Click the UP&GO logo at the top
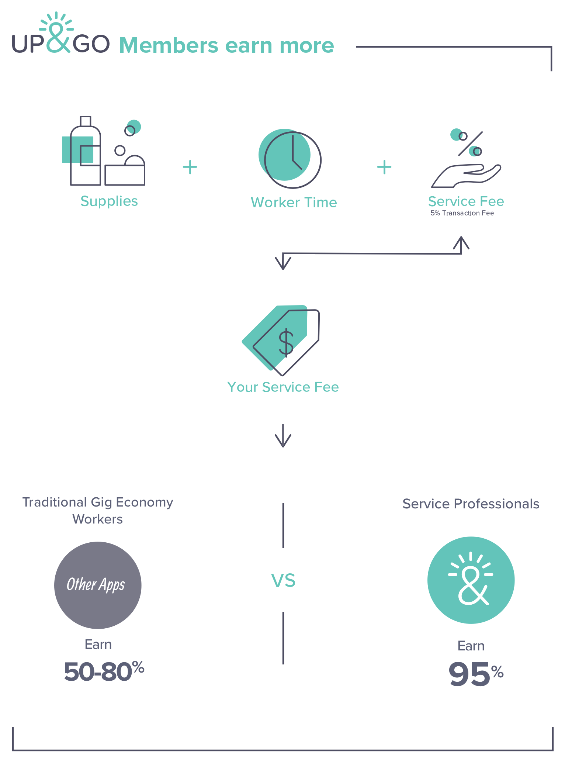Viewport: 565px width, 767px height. (61, 33)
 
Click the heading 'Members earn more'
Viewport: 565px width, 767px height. (226, 45)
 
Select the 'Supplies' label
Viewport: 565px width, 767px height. (109, 201)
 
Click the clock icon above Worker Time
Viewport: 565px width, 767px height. (290, 159)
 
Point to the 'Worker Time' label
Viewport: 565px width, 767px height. (294, 203)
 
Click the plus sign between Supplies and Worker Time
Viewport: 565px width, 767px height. (190, 167)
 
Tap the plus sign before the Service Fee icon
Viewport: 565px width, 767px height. (384, 167)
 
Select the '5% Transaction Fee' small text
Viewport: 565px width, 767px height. (462, 213)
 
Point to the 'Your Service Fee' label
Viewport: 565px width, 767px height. (283, 387)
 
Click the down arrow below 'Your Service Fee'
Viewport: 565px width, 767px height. (283, 436)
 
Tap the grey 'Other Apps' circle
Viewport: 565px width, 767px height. (98, 585)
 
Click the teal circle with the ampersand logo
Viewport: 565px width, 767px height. (471, 580)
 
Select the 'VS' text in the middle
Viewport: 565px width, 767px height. (283, 580)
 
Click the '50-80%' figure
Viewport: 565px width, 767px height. (104, 671)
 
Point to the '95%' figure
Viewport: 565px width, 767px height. (476, 674)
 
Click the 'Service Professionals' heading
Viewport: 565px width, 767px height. (471, 504)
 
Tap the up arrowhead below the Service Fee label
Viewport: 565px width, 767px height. (461, 242)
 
